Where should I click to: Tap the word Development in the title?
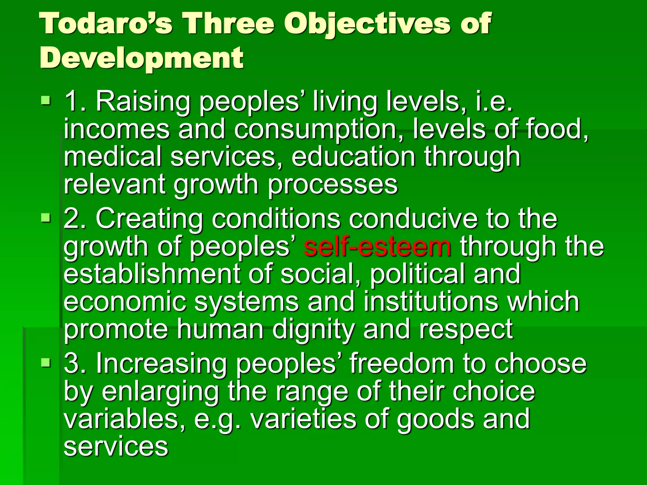coord(142,58)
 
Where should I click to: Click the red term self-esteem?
coord(378,247)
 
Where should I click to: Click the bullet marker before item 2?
coord(46,218)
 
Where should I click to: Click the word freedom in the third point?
coord(402,364)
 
